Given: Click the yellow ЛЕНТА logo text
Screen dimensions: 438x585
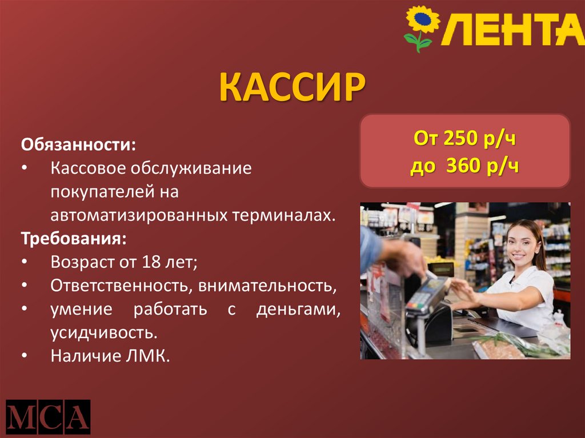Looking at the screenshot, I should [x=511, y=29].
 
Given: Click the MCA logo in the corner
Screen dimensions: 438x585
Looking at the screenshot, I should [x=48, y=416].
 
